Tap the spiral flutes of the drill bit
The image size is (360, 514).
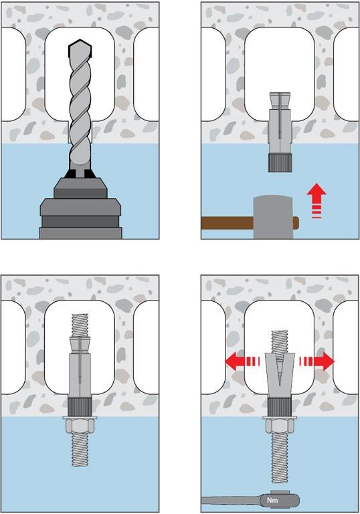[80, 112]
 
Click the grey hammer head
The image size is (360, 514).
[274, 217]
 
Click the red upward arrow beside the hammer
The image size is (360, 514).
[317, 201]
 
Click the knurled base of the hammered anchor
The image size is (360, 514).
[279, 163]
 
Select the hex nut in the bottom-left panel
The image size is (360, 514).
[80, 426]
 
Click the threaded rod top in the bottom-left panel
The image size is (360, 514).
[80, 325]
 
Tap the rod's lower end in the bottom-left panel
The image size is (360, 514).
[80, 450]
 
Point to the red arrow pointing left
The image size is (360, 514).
[242, 361]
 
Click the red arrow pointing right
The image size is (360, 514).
[317, 361]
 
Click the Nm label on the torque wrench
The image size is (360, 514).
[272, 500]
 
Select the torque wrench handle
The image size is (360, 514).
[230, 501]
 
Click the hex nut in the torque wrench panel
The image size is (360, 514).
[279, 427]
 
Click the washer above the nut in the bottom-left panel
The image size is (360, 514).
[80, 418]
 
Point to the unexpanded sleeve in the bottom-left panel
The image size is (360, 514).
[80, 367]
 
